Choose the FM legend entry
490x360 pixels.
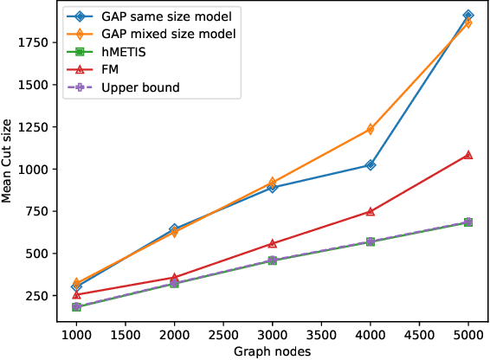coord(110,70)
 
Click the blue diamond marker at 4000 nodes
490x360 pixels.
coord(371,164)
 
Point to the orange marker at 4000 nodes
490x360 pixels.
coord(371,129)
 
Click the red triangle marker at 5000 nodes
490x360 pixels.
coord(468,155)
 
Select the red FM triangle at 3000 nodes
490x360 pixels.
coord(273,243)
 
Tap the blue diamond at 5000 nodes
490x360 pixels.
coord(468,16)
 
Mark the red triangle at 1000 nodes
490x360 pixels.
coord(77,294)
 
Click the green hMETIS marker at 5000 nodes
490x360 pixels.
coord(468,222)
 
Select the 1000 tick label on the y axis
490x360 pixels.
coord(34,168)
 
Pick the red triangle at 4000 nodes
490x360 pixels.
coord(371,211)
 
